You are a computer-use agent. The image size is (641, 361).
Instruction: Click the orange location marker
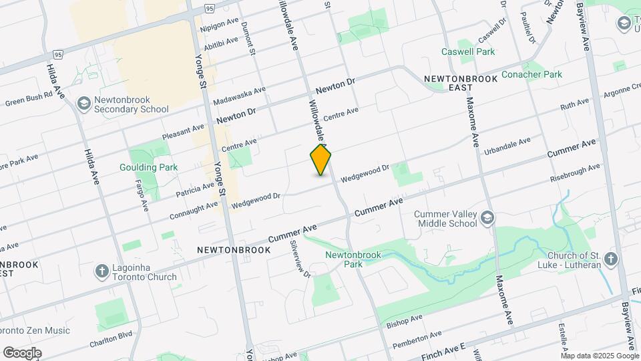pyautogui.click(x=321, y=160)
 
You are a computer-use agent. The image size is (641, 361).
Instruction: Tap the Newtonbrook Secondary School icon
pyautogui.click(x=84, y=104)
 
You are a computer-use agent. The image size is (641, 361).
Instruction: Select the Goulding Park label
pyautogui.click(x=139, y=167)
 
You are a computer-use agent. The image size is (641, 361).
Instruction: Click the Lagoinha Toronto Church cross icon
pyautogui.click(x=102, y=271)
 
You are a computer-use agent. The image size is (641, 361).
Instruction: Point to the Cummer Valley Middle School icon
pyautogui.click(x=489, y=218)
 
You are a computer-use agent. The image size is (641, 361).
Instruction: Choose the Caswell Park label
pyautogui.click(x=468, y=51)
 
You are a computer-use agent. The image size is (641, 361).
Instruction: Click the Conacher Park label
pyautogui.click(x=531, y=74)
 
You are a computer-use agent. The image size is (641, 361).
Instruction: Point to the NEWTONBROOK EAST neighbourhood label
pyautogui.click(x=461, y=83)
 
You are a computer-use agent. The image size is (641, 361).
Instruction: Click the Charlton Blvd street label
pyautogui.click(x=111, y=340)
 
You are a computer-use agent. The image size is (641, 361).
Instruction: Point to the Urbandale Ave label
pyautogui.click(x=507, y=145)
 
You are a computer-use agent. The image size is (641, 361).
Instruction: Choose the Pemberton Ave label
pyautogui.click(x=417, y=339)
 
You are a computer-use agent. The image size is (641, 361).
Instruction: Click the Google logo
pyautogui.click(x=22, y=352)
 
